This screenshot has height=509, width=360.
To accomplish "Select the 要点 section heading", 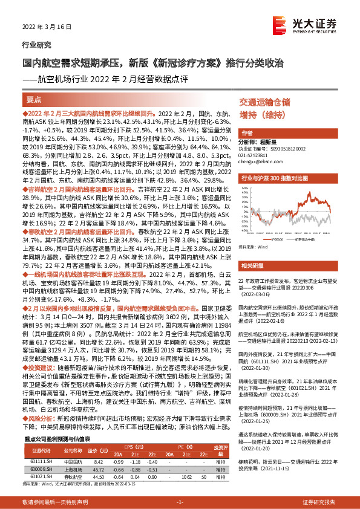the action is click(x=34, y=99).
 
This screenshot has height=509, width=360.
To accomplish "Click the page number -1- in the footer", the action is click(x=180, y=502).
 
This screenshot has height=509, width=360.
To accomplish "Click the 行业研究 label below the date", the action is click(x=37, y=45).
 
